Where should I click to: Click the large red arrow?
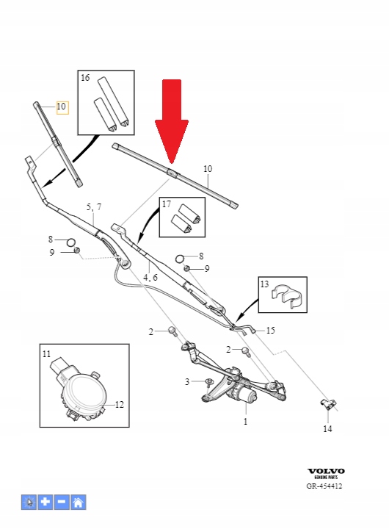pyautogui.click(x=171, y=118)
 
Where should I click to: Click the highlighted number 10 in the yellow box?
pyautogui.click(x=61, y=107)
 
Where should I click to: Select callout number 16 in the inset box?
pyautogui.click(x=85, y=78)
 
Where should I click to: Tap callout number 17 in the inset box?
pyautogui.click(x=167, y=204)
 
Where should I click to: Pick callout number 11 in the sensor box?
pyautogui.click(x=46, y=355)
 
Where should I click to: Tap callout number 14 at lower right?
pyautogui.click(x=327, y=429)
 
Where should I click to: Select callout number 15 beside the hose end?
pyautogui.click(x=270, y=331)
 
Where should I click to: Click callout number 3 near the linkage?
pyautogui.click(x=187, y=381)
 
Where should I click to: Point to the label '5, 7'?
pyautogui.click(x=94, y=208)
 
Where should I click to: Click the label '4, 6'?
pyautogui.click(x=150, y=277)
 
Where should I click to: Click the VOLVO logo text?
pyautogui.click(x=325, y=472)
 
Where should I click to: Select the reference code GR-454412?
pyautogui.click(x=324, y=486)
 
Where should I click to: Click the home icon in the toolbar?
pyautogui.click(x=78, y=503)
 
